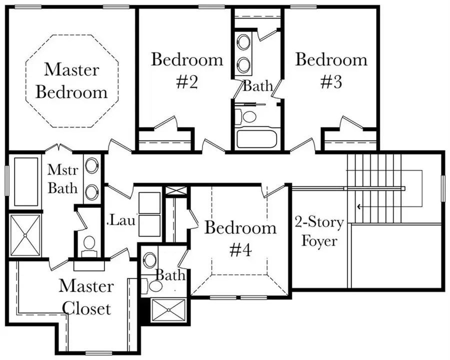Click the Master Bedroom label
coord(71,80)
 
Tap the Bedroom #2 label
coord(187,70)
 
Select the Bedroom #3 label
coord(331,70)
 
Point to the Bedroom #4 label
coord(240,238)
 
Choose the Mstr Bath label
coord(62,178)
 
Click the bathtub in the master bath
coord(26,181)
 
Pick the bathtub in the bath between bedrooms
coord(255,137)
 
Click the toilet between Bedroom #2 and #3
coord(248,116)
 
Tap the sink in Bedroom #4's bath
coord(149,259)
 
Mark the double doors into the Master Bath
coord(59,148)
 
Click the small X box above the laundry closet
coord(176,190)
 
